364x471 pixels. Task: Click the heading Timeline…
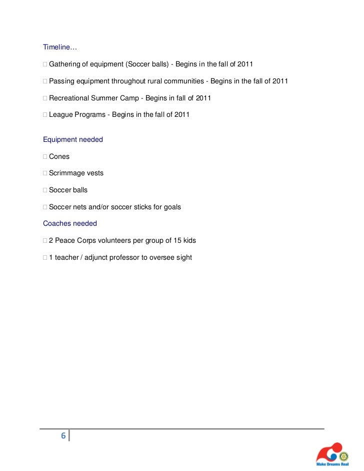[60, 47]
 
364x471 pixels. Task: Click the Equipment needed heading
[73, 139]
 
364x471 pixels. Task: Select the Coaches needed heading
[70, 223]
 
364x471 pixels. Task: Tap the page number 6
[63, 436]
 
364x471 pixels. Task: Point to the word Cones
[59, 156]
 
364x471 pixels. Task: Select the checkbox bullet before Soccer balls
[45, 190]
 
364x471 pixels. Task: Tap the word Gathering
[65, 64]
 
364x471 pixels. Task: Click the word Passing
[61, 81]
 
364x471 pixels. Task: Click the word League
[60, 114]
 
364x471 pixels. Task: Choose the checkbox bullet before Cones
[45, 156]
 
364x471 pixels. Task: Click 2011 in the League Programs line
[181, 114]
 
